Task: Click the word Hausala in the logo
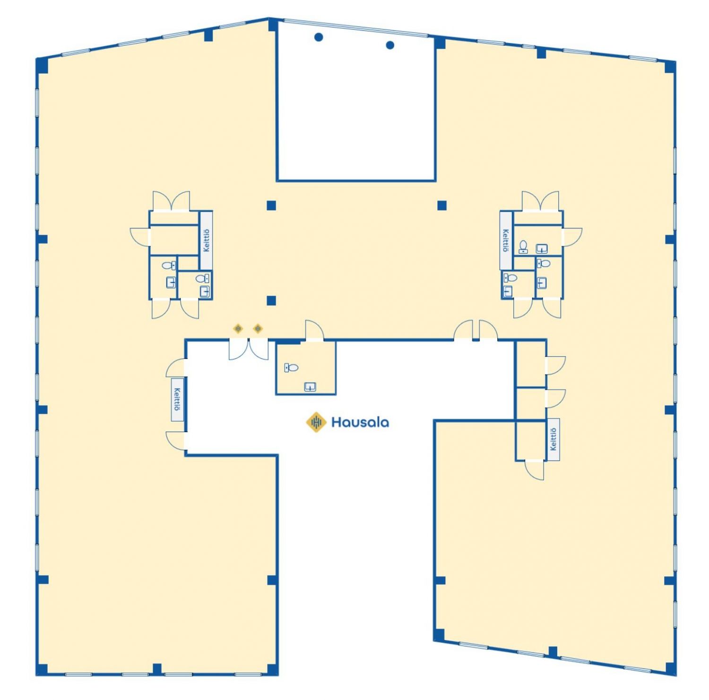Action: point(360,422)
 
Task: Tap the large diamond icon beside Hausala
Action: point(316,422)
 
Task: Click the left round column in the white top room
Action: point(319,37)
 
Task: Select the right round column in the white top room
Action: point(390,45)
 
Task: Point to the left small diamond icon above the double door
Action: point(238,328)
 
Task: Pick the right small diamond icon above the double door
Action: point(258,328)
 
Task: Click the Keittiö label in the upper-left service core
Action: point(206,240)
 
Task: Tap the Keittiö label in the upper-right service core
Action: point(506,240)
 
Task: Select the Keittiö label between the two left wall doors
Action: point(177,399)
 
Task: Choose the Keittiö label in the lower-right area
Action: point(553,439)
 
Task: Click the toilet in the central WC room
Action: point(291,367)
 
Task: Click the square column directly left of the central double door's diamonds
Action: point(271,300)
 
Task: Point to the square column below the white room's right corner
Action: point(442,205)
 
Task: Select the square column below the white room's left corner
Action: point(271,205)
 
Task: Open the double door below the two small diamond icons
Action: point(249,350)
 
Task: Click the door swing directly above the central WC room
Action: point(314,330)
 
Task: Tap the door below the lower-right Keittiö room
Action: point(535,470)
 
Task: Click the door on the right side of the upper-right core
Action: point(572,236)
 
